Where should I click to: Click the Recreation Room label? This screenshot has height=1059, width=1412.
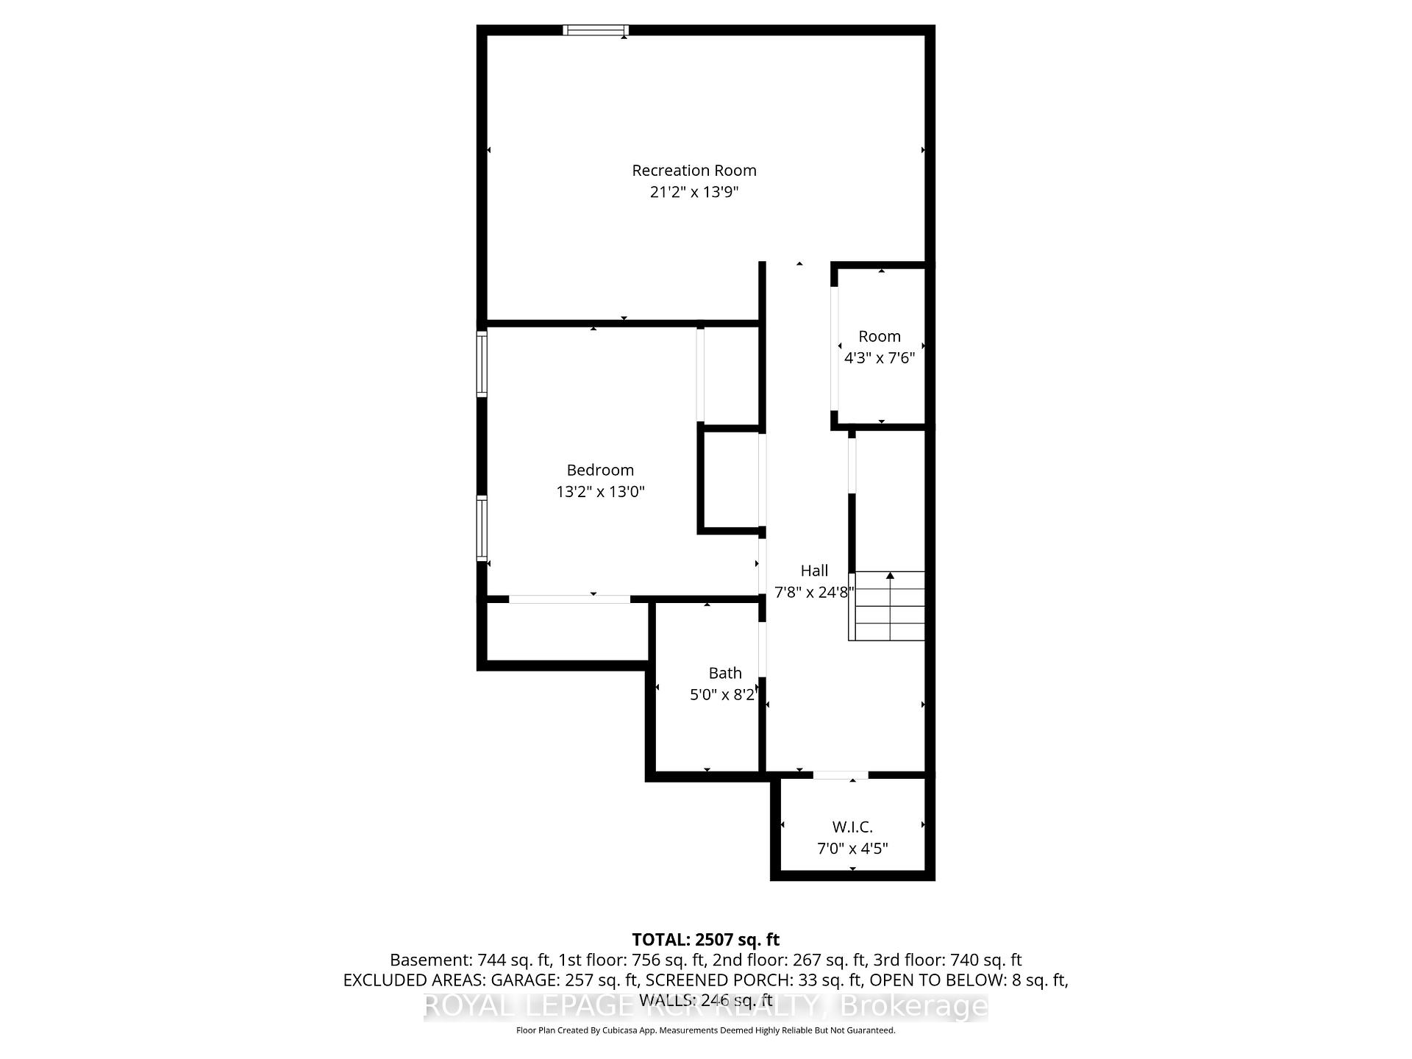point(693,171)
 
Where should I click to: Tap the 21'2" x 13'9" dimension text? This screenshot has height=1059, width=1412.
point(693,193)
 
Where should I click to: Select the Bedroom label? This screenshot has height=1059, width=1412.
point(600,470)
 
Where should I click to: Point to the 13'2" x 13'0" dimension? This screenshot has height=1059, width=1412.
point(600,492)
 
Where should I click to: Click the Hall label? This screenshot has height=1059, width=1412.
point(814,571)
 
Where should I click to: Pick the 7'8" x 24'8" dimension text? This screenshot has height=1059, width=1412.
point(814,592)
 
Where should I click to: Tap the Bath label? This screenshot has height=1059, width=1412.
point(725,673)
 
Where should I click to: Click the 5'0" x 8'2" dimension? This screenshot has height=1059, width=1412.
point(723,694)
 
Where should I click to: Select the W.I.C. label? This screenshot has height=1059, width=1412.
point(852,827)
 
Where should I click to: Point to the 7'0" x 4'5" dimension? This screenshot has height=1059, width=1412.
point(852,849)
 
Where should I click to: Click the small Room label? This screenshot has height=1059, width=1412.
point(880,337)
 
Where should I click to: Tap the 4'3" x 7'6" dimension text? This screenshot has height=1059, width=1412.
point(880,358)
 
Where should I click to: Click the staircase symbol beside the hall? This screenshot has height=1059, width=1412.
point(888,606)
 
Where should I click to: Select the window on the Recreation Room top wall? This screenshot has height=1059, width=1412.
point(596,30)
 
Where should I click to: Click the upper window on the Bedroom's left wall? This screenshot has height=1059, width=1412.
point(482,364)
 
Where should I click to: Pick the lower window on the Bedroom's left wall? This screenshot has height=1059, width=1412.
point(482,529)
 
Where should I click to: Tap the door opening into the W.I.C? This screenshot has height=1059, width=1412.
point(841,775)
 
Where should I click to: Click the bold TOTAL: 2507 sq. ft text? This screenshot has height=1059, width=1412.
point(705,940)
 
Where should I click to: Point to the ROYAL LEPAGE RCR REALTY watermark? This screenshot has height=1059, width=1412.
point(705,1006)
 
